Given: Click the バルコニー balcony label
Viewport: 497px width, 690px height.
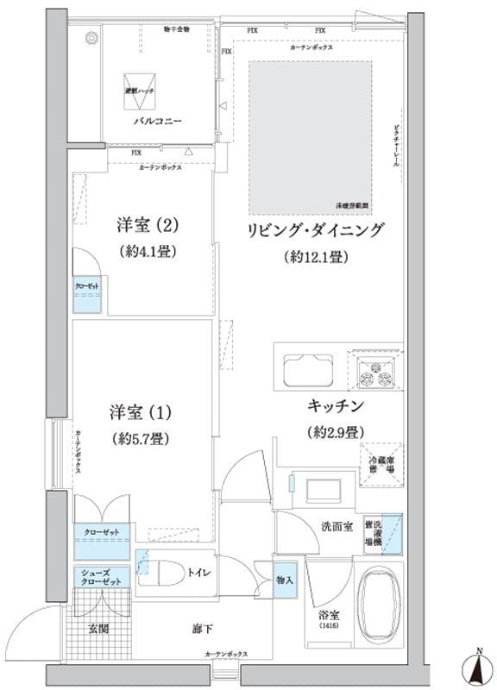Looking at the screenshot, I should (x=156, y=122).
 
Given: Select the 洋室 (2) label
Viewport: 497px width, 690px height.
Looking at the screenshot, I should (x=148, y=226).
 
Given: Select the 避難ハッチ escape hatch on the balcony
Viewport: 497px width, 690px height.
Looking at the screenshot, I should (x=137, y=91).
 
